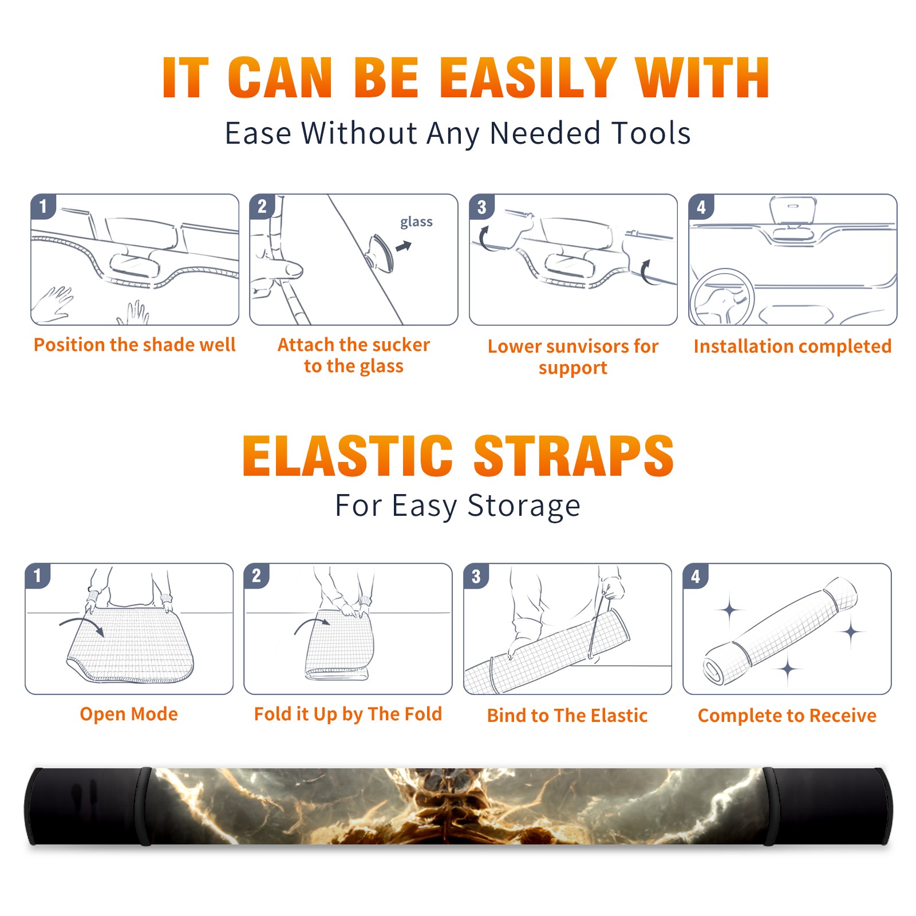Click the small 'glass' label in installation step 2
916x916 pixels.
(416, 222)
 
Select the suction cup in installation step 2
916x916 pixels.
(380, 252)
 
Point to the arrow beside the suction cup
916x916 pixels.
(404, 246)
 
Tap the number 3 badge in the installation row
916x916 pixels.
(481, 207)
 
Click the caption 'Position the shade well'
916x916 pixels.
(135, 345)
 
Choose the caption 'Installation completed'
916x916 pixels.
(792, 346)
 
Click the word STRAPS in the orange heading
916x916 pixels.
(574, 456)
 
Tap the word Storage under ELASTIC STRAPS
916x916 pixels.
(524, 506)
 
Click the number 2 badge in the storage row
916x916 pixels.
(256, 575)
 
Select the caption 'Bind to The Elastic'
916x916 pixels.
(567, 716)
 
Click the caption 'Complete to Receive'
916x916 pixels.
(787, 716)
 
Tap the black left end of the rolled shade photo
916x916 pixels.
(86, 806)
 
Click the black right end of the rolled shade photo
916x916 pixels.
(828, 806)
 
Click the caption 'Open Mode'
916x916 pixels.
(129, 714)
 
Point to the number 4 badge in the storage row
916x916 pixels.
(696, 576)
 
